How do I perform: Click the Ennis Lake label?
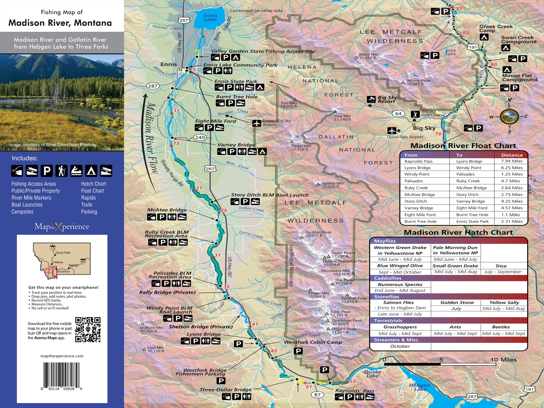[210, 17]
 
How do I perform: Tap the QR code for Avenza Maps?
[88, 329]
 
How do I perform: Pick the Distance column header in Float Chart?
[512, 155]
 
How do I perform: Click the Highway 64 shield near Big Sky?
[398, 114]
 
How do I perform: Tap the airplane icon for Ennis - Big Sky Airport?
[256, 123]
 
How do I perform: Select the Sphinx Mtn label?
[333, 184]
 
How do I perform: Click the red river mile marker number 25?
[224, 210]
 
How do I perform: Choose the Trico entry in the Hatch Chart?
[501, 266]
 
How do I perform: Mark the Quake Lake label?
[372, 374]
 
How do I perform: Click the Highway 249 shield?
[200, 137]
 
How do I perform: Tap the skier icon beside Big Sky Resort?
[371, 99]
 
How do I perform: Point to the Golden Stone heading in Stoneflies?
[457, 302]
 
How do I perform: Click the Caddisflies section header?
[388, 278]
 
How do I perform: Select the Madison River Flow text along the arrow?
[152, 139]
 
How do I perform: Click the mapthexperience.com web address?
[62, 356]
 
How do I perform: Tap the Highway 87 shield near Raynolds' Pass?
[317, 395]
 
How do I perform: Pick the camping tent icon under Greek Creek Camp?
[484, 37]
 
